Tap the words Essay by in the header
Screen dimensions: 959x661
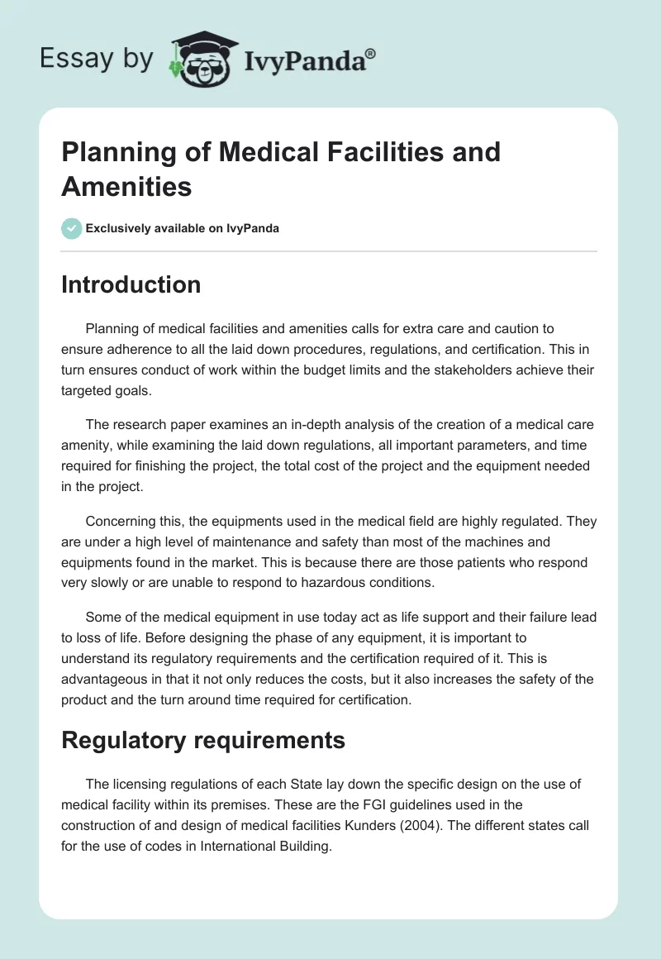tap(97, 60)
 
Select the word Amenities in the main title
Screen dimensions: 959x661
tap(126, 186)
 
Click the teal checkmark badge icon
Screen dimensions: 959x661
tap(71, 228)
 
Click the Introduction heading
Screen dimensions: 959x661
tap(131, 284)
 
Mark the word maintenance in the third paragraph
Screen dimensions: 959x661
tap(248, 542)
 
